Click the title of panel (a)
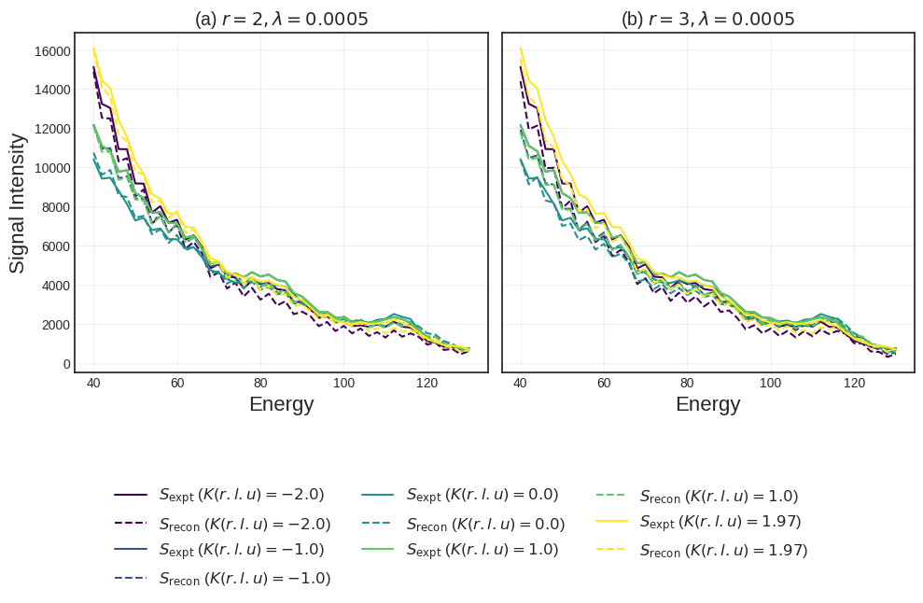pos(281,19)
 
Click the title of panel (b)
pos(707,19)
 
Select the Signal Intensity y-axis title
pos(18,203)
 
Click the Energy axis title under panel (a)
pos(281,404)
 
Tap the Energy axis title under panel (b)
pos(707,404)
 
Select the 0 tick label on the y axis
pos(66,364)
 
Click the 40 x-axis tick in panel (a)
pos(93,384)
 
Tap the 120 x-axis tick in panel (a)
pos(427,384)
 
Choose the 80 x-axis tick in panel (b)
pos(687,384)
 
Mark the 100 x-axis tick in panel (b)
pos(771,384)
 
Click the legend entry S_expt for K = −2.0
pos(241,495)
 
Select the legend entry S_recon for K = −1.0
pos(245,579)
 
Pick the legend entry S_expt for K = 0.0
pos(482,495)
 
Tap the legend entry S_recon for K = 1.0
pos(719,497)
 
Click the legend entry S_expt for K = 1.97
pos(720,522)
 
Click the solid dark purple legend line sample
pos(131,495)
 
